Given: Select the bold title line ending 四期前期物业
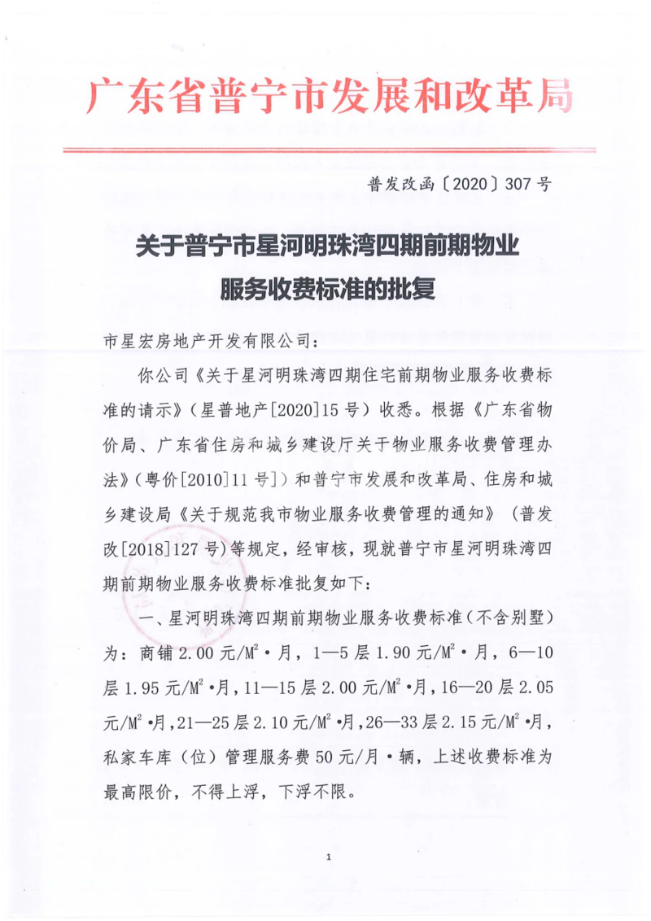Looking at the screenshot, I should point(329,243).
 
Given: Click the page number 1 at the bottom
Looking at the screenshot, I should point(327,858).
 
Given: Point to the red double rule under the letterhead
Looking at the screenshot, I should point(330,151).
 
